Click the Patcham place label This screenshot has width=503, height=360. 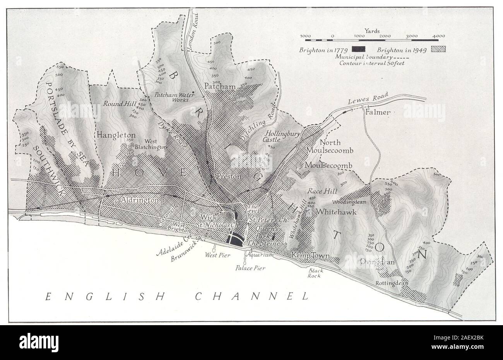coord(220,86)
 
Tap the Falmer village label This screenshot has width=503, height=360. coord(378,112)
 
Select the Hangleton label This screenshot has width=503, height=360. coord(116,135)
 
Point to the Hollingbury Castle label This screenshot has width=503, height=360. coord(279,136)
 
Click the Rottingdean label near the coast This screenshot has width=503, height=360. coord(392,283)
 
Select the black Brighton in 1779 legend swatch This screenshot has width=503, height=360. coord(359,50)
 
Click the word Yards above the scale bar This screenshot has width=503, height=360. coord(372,30)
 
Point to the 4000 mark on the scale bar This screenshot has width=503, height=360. coord(438,36)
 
